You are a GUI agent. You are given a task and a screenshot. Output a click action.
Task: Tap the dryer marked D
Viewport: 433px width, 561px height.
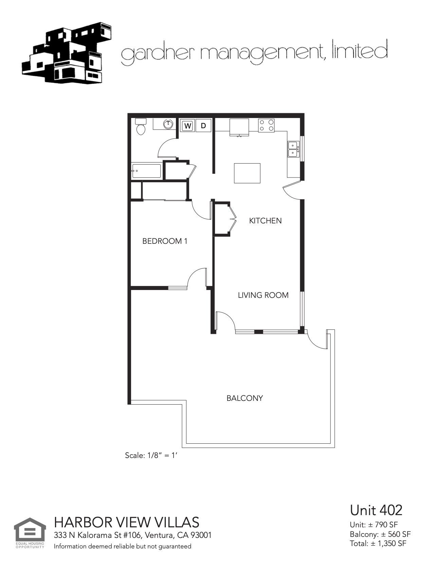[x=203, y=126]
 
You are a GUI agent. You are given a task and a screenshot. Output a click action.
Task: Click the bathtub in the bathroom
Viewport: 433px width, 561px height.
[x=146, y=171]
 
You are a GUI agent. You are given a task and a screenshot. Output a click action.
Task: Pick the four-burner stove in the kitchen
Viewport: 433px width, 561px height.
[x=266, y=125]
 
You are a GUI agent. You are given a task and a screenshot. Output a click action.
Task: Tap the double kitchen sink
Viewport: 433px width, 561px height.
[x=293, y=149]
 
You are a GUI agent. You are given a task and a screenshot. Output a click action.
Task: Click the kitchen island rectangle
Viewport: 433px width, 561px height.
[x=247, y=173]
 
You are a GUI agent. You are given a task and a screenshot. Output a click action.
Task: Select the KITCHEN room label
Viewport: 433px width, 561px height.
[x=265, y=221]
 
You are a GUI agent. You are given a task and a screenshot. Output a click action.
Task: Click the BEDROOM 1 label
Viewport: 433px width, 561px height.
[x=165, y=241]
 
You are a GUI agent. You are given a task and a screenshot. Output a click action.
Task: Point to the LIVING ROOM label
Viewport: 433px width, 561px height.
[x=263, y=295]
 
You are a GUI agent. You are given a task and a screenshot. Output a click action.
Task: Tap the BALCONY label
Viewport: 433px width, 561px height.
[x=245, y=398]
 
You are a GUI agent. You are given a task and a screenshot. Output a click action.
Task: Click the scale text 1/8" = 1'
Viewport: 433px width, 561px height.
[x=151, y=455]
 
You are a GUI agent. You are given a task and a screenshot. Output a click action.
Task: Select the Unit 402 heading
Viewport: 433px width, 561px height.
[x=376, y=510]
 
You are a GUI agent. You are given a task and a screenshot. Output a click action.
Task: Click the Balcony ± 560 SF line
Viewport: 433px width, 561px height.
[x=380, y=534]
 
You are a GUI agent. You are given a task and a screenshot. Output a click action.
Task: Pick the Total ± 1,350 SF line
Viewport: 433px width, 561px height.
[x=378, y=543]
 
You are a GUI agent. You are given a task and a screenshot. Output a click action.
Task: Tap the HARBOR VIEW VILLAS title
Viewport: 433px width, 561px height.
[x=127, y=522]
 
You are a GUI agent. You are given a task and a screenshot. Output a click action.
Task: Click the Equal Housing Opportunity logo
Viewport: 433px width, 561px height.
[x=30, y=532]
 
